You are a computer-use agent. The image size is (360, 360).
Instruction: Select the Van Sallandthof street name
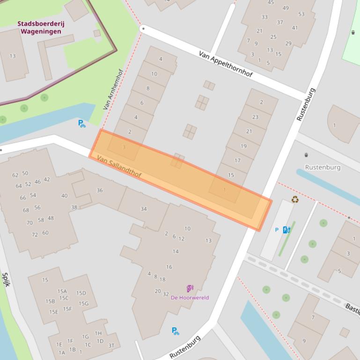(119, 167)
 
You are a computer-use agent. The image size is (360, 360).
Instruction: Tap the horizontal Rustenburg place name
(323, 167)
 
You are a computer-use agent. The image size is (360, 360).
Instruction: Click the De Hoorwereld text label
(190, 297)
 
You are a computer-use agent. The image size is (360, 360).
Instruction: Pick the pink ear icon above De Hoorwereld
(190, 288)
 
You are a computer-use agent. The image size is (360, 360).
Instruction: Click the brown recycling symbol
(295, 200)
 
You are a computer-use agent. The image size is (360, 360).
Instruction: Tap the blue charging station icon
(287, 230)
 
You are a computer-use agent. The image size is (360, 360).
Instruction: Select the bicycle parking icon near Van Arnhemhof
(82, 123)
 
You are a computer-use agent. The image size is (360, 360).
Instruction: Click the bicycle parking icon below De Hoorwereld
(175, 331)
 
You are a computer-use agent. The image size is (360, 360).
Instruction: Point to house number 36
(100, 190)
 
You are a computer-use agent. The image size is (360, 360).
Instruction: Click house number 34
(144, 209)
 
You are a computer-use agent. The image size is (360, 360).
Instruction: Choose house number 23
(255, 117)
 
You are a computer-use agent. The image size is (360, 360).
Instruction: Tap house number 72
(35, 234)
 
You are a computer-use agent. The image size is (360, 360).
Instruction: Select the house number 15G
(83, 303)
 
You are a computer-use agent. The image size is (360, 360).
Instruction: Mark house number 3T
(111, 346)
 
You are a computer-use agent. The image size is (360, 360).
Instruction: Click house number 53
(301, 14)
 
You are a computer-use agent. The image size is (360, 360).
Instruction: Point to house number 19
(243, 146)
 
